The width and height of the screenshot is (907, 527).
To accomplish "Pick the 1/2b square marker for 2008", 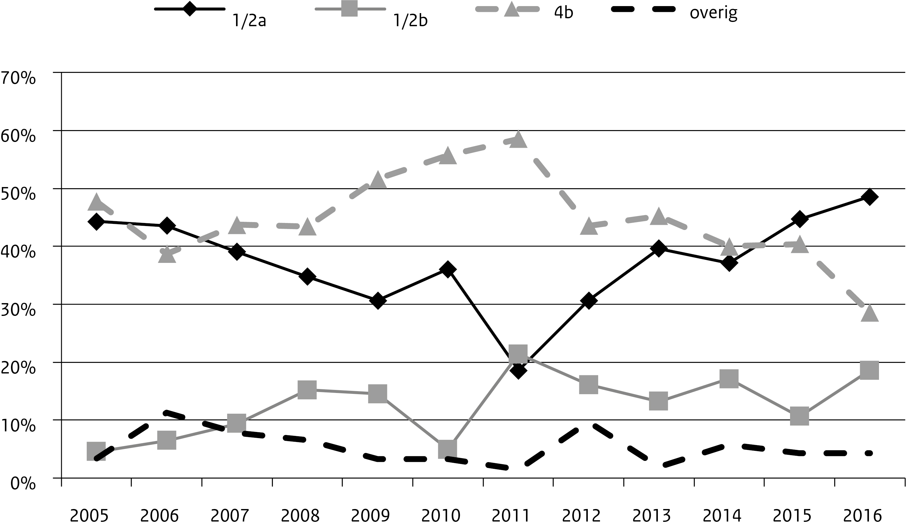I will coord(307,390).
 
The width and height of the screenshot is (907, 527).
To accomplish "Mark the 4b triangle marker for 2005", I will coord(97,202).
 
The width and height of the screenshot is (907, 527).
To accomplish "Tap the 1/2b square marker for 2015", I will coord(800,416).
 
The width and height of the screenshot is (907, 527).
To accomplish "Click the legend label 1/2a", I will coord(249,21).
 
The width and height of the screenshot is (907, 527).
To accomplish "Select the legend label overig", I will coord(713,13).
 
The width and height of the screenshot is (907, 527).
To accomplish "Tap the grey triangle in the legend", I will coord(511,9).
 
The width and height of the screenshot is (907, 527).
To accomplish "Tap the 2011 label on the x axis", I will coord(511,516).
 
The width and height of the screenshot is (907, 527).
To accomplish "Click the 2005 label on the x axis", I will coord(89,516).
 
